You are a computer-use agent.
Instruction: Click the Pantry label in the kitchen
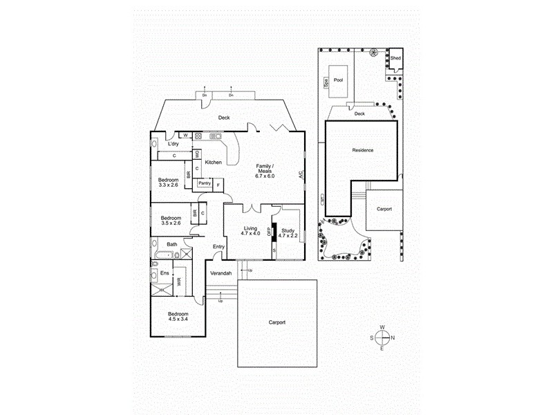(x=204, y=183)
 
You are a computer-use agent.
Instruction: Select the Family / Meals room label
(x=265, y=171)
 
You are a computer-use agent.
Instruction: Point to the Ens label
(x=165, y=273)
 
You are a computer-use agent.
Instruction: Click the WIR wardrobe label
(x=179, y=282)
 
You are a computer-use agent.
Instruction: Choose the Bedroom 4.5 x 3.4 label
(x=178, y=315)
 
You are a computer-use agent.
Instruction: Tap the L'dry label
(x=174, y=144)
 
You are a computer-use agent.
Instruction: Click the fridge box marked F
(x=218, y=184)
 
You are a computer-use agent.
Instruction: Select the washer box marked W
(x=186, y=135)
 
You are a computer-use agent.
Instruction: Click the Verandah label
(x=221, y=273)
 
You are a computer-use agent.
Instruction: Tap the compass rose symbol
(x=382, y=338)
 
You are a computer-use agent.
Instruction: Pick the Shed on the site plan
(x=395, y=59)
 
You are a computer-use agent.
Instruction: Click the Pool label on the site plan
(x=338, y=80)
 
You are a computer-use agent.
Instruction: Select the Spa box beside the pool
(x=326, y=84)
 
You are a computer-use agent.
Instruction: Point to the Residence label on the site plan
(x=362, y=150)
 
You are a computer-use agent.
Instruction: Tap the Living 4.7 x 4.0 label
(x=250, y=231)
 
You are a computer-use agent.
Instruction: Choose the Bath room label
(x=171, y=244)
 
